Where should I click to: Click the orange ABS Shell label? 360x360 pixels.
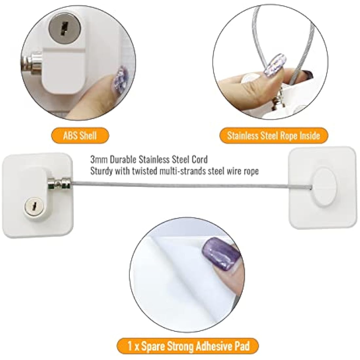pos(80,135)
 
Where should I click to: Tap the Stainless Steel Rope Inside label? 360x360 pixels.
pos(273,135)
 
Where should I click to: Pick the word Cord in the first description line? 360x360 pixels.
pos(200,159)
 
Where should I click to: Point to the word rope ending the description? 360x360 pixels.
pos(251,171)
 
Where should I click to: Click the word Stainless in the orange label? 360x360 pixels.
pos(243,135)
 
